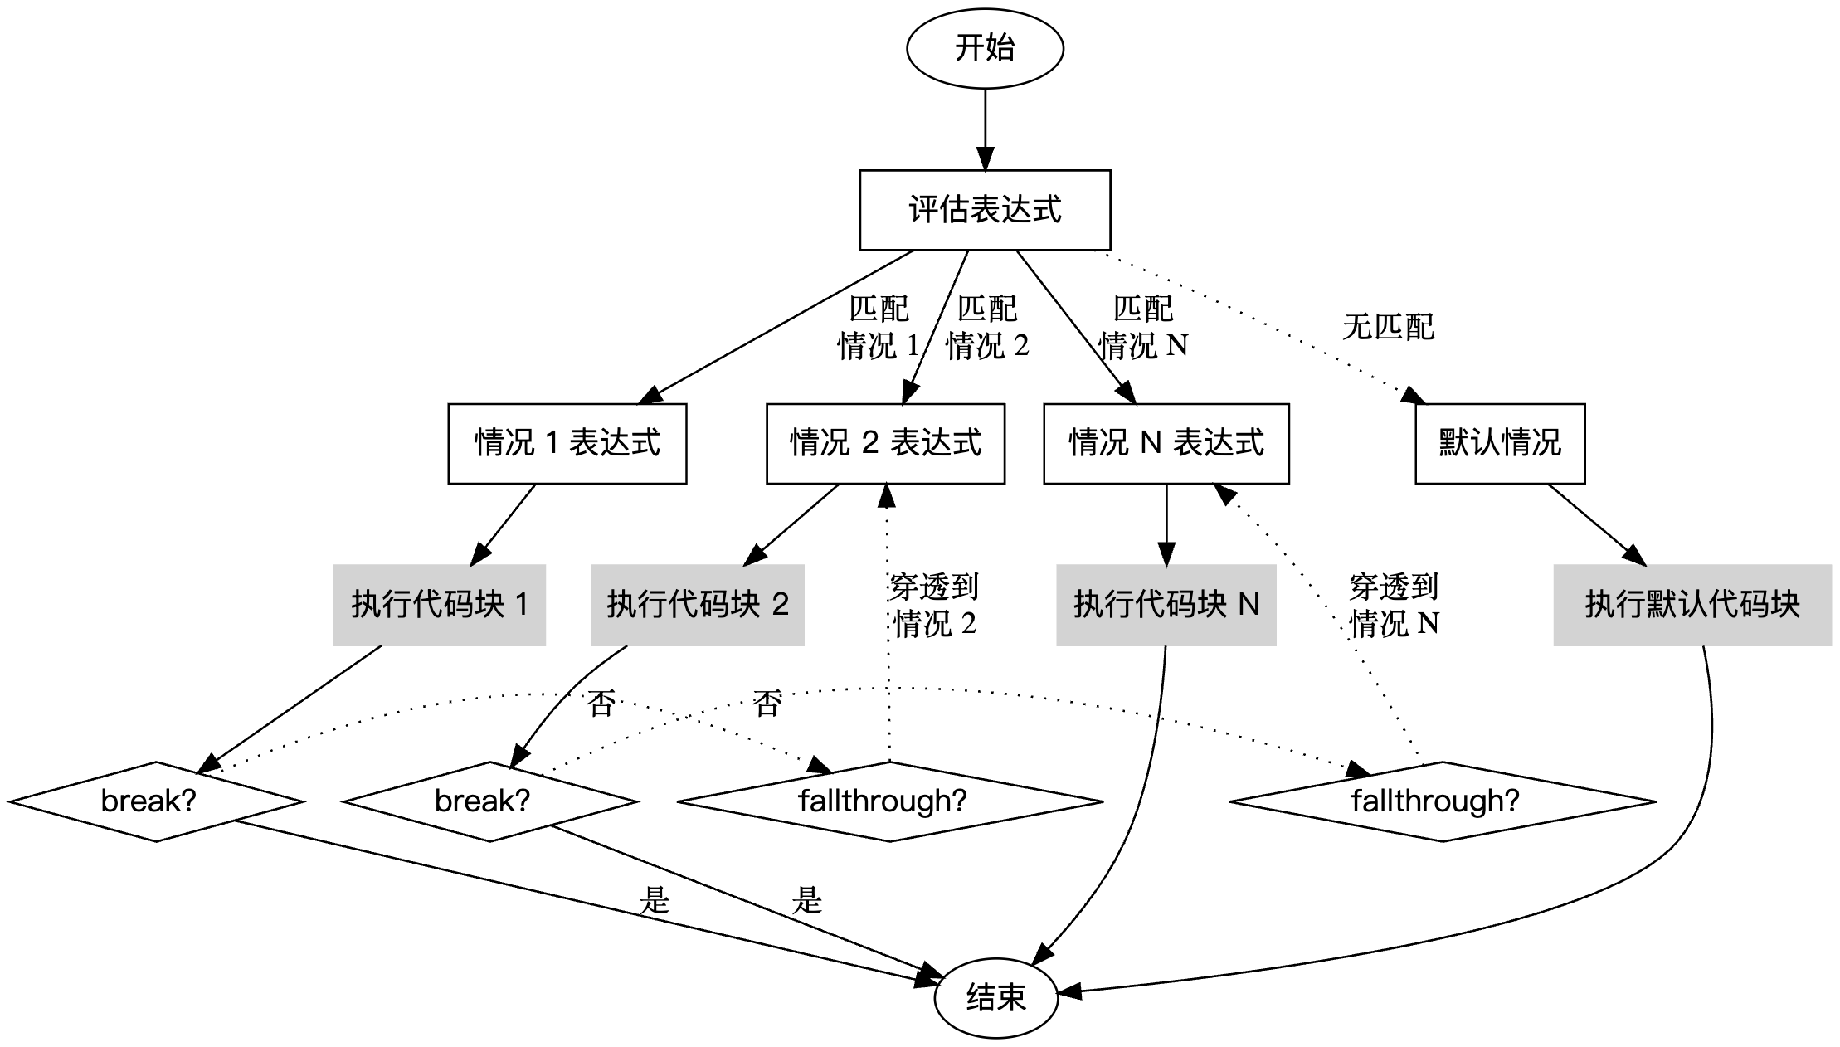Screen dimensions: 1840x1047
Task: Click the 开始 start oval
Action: pyautogui.click(x=985, y=47)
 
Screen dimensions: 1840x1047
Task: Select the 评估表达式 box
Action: pyautogui.click(x=985, y=210)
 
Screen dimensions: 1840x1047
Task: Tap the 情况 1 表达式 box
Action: pyautogui.click(x=567, y=443)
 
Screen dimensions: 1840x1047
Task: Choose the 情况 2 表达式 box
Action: pyautogui.click(x=885, y=443)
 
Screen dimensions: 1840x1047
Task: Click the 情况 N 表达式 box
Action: pyautogui.click(x=1166, y=443)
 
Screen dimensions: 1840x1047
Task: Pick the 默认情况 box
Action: pyautogui.click(x=1500, y=443)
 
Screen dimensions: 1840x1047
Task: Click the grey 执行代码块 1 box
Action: pyautogui.click(x=440, y=605)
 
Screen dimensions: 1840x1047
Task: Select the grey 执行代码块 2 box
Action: pyautogui.click(x=698, y=605)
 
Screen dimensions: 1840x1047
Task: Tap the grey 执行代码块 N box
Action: pyautogui.click(x=1166, y=605)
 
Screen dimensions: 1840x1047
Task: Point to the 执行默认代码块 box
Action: pyautogui.click(x=1692, y=605)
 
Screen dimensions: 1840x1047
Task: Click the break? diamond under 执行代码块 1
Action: pyautogui.click(x=156, y=801)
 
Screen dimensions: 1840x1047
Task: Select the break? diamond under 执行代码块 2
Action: pyautogui.click(x=490, y=801)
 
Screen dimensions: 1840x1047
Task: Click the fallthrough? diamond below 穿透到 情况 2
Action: pyautogui.click(x=890, y=801)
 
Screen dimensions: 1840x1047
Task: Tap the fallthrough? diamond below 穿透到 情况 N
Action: pyautogui.click(x=1443, y=801)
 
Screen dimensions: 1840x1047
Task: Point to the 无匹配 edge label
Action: pyautogui.click(x=1388, y=327)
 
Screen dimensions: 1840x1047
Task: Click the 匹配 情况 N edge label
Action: pyautogui.click(x=1143, y=327)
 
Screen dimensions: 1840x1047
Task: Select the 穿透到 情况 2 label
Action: pyautogui.click(x=934, y=605)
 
